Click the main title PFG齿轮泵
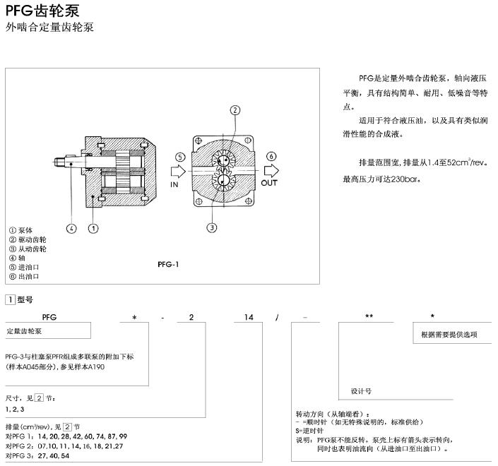tap(42, 11)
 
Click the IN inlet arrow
tap(178, 172)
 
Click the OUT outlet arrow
tap(271, 170)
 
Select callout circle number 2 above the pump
tap(235, 110)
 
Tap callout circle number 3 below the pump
tap(212, 227)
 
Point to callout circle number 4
tap(71, 228)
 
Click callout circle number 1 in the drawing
tap(93, 228)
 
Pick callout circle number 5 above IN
tap(180, 157)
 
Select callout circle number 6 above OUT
tap(271, 156)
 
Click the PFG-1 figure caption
tap(168, 264)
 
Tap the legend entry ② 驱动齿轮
tap(28, 239)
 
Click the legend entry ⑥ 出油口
tap(24, 277)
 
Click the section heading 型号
tap(25, 299)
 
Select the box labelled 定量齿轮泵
tap(48, 330)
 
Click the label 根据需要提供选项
tap(449, 334)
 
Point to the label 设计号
tap(361, 391)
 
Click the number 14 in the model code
tap(249, 317)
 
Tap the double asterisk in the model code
tap(369, 316)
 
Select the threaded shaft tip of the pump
tap(60, 162)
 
